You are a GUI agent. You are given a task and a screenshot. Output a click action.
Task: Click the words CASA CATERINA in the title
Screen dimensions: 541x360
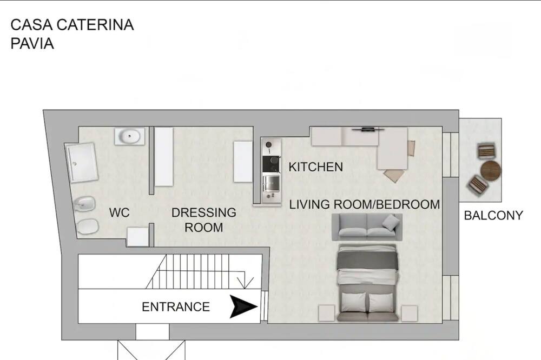click(x=72, y=25)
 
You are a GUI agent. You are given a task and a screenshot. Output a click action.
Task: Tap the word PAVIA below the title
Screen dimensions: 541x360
click(x=32, y=44)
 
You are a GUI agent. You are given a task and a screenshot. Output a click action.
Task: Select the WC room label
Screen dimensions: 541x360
click(x=120, y=213)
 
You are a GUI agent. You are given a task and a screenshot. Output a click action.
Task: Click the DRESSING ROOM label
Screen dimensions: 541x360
click(x=203, y=220)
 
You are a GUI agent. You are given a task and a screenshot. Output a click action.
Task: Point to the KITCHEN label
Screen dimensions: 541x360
click(x=316, y=167)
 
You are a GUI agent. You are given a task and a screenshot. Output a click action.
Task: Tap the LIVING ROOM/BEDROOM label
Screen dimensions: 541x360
click(x=364, y=204)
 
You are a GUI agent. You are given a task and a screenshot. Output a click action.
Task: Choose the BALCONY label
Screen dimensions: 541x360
click(x=493, y=216)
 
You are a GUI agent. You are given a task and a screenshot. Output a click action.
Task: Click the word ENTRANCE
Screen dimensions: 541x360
click(x=176, y=307)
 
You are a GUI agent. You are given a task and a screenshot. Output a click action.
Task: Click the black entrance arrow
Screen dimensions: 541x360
click(x=243, y=306)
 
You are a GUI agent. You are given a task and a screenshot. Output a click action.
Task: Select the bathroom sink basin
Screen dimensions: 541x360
click(x=129, y=136)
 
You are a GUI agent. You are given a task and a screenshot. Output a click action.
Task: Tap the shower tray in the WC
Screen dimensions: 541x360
click(x=82, y=162)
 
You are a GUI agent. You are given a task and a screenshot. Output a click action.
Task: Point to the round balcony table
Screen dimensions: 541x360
click(x=491, y=170)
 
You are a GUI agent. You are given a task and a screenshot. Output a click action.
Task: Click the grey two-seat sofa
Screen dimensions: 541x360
click(x=367, y=227)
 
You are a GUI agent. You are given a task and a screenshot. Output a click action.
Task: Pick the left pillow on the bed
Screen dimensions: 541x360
click(x=353, y=302)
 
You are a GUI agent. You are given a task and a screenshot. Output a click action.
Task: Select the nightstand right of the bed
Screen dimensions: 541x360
click(x=410, y=314)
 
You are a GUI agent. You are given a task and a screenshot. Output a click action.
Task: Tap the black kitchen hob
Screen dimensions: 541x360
click(x=271, y=164)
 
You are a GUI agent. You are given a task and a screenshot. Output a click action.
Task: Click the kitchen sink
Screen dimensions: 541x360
click(x=272, y=183)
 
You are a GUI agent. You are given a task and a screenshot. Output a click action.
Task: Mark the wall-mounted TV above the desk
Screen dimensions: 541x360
click(x=368, y=130)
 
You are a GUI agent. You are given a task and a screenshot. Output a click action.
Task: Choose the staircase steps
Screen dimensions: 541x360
click(x=195, y=271)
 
